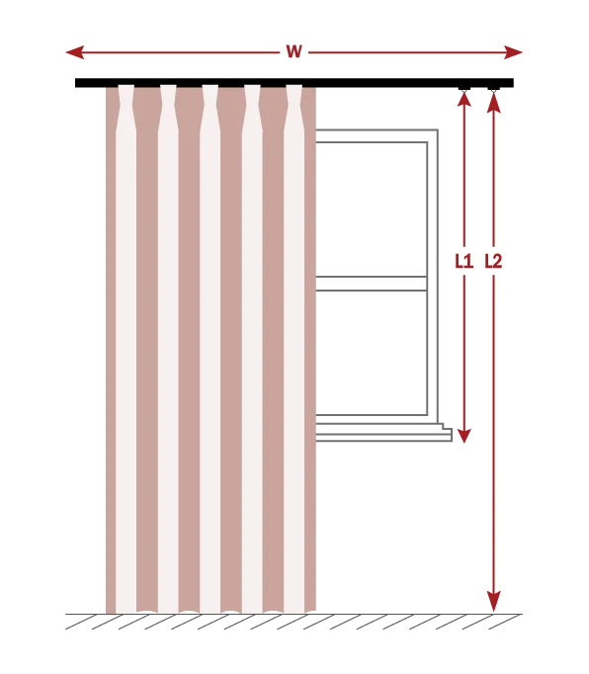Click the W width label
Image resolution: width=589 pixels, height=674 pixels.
[x=294, y=51]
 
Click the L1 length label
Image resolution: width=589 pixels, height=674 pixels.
[x=463, y=261]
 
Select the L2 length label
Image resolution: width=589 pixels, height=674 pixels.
[x=493, y=261]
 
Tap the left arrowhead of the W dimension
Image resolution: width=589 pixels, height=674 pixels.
[x=75, y=52]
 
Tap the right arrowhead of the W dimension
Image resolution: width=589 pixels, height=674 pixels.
[x=513, y=52]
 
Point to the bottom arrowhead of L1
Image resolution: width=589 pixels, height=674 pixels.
[x=464, y=436]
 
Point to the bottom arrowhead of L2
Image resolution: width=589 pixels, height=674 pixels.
[x=493, y=602]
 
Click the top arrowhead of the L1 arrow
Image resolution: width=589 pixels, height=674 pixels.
[x=464, y=99]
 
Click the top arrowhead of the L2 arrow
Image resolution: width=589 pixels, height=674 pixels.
[x=493, y=102]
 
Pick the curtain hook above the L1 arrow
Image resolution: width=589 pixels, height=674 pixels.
[x=463, y=89]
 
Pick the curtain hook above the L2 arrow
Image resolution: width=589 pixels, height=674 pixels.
[x=493, y=89]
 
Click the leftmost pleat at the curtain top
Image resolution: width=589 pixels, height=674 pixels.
[x=126, y=108]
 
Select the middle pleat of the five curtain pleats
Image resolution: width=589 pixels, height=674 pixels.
[x=210, y=108]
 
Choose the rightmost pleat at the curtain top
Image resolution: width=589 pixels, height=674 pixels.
[x=294, y=108]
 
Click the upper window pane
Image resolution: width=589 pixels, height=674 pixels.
[x=372, y=210]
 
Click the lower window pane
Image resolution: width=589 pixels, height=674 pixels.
[x=372, y=353]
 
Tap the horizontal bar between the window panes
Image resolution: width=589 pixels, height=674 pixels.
[x=372, y=284]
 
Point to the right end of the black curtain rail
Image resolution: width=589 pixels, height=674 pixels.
[x=513, y=83]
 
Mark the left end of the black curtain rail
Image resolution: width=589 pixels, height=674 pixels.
[x=76, y=83]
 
